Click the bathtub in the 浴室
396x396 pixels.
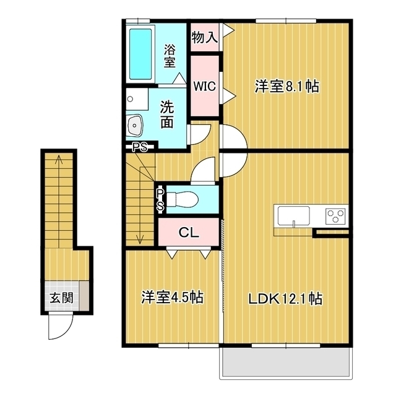click(x=140, y=54)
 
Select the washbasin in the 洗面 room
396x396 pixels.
click(x=135, y=125)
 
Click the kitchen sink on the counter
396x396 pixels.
click(x=294, y=216)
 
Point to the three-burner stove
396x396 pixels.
click(x=335, y=216)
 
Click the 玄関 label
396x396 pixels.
click(x=62, y=298)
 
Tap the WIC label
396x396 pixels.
click(x=205, y=86)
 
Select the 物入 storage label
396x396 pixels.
click(x=204, y=38)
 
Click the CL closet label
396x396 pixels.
click(x=189, y=233)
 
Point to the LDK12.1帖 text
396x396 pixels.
click(x=285, y=299)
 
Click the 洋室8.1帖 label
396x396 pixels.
click(x=287, y=87)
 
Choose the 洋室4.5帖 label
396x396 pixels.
click(x=173, y=297)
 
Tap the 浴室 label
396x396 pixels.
click(x=170, y=56)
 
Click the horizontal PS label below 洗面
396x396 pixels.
click(x=140, y=147)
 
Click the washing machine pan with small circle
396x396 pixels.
click(x=137, y=99)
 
